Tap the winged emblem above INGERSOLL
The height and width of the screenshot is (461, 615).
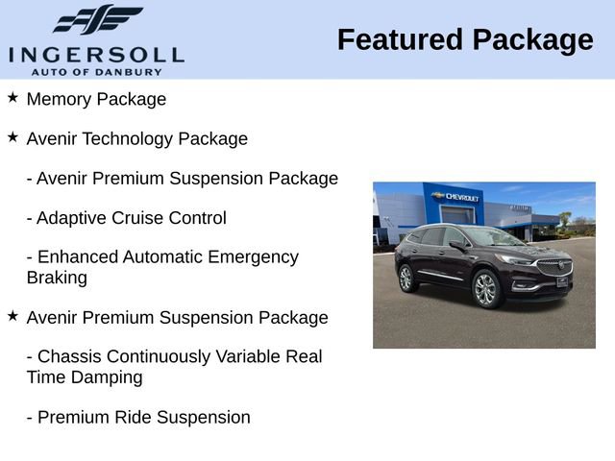tap(97, 20)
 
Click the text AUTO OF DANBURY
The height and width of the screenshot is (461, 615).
tap(96, 71)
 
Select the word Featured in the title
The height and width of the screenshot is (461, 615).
tap(398, 40)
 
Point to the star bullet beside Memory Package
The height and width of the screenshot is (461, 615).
tap(12, 98)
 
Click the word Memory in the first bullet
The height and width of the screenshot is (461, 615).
tap(59, 99)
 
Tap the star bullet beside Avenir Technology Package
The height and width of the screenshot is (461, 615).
tap(12, 137)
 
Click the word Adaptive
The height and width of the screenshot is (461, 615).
tap(70, 218)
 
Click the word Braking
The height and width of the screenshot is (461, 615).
tap(57, 279)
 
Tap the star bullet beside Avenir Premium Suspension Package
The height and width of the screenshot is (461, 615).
tap(12, 316)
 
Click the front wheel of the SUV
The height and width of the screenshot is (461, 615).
tap(486, 288)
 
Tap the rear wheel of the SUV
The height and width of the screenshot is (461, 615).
tap(406, 278)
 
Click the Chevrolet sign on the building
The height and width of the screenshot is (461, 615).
tap(458, 196)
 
